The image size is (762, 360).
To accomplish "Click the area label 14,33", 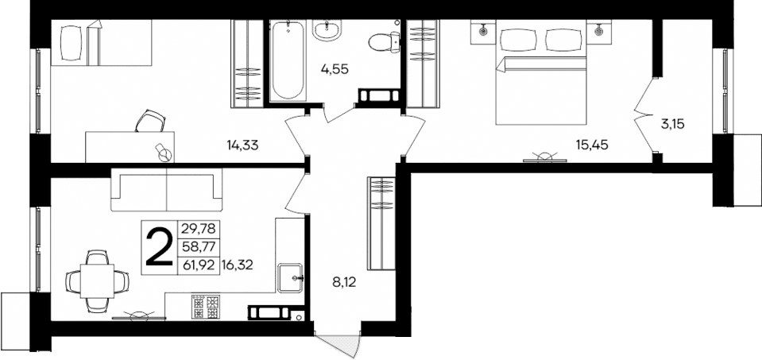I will [243, 145].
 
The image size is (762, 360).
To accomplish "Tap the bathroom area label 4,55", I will [335, 69].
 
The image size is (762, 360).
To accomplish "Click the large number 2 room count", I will [159, 246].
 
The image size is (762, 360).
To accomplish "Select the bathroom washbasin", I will [327, 31].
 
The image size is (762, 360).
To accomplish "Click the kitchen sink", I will [290, 277].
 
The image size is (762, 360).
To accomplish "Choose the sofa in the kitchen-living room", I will [166, 191].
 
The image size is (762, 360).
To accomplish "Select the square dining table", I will [97, 280].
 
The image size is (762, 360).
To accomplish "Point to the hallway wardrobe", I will [381, 223].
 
